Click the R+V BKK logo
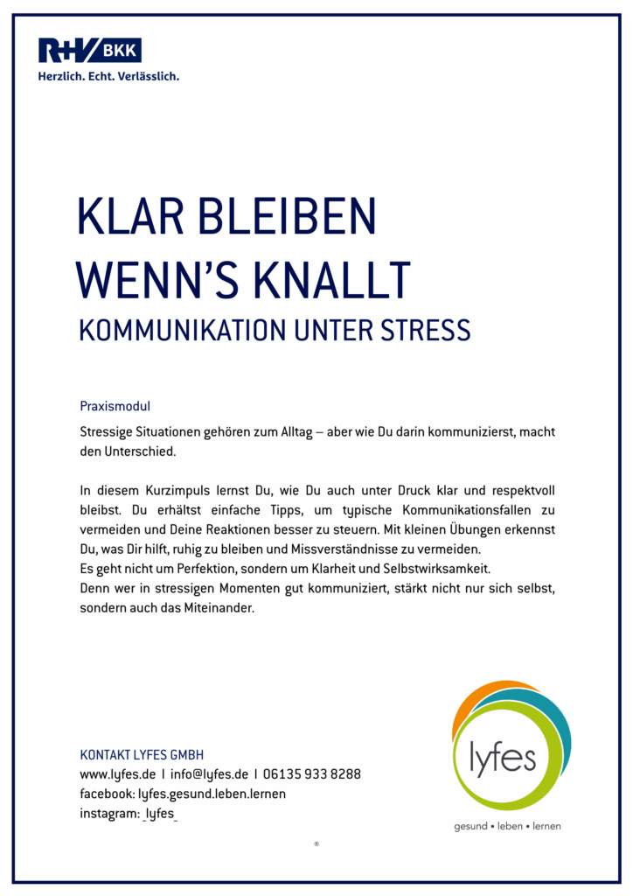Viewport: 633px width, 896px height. click(89, 51)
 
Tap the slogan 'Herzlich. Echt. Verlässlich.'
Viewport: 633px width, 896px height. click(108, 76)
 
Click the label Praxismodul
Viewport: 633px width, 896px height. click(115, 407)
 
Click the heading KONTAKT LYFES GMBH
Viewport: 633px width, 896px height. click(142, 755)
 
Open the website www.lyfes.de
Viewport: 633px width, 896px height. click(117, 774)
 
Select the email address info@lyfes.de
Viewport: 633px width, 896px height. click(209, 774)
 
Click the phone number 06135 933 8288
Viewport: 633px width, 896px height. click(312, 774)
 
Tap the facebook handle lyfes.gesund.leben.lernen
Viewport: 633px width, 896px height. click(212, 794)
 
